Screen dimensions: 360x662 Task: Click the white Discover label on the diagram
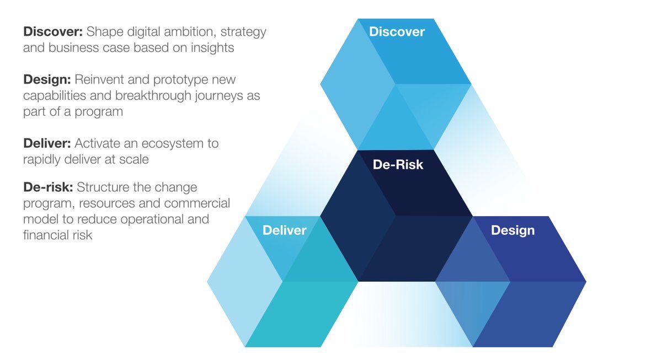[397, 32]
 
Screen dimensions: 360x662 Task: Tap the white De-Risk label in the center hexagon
[398, 164]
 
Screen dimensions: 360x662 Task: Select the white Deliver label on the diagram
[284, 230]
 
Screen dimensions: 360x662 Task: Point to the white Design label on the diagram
[512, 230]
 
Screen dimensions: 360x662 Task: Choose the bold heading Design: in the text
[46, 79]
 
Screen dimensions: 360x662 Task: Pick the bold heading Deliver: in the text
[47, 143]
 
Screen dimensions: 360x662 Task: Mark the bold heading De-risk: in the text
[47, 187]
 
